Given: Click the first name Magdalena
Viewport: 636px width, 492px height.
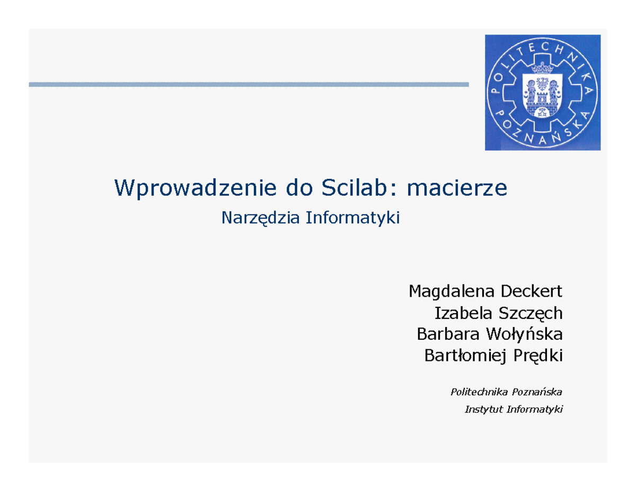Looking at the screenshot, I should tap(450, 292).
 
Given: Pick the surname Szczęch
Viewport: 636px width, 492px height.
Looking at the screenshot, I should tap(530, 314).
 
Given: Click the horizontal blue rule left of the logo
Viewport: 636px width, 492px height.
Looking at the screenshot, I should tap(249, 84).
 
